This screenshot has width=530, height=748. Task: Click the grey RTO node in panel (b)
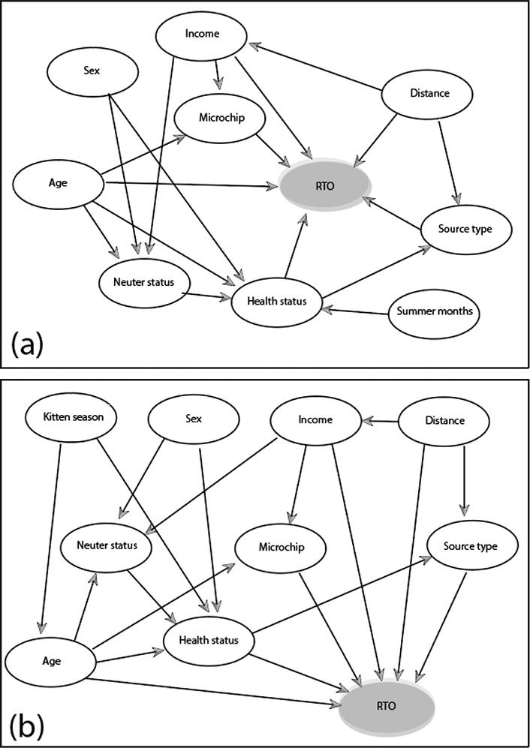[387, 707]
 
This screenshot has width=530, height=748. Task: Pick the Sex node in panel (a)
[92, 72]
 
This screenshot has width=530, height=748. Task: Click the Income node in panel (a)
[201, 35]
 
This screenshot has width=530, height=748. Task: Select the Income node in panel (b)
[315, 420]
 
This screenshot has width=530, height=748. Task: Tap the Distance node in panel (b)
[441, 421]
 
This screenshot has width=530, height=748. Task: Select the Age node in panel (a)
[59, 182]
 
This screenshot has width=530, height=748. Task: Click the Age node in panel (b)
[52, 661]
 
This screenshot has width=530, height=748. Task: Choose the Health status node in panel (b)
[209, 640]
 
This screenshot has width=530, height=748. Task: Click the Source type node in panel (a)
[465, 228]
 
